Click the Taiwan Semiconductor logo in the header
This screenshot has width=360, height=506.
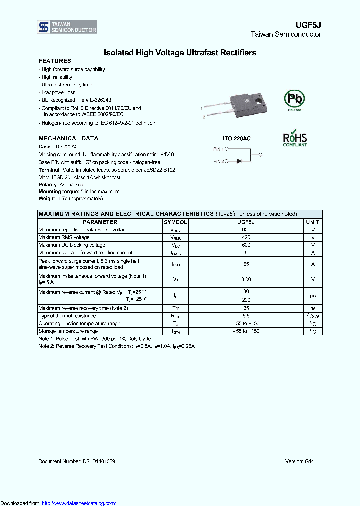pyautogui.click(x=67, y=27)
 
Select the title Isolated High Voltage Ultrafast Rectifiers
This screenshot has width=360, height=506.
pyautogui.click(x=180, y=52)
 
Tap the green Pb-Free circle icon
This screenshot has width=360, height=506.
pyautogui.click(x=294, y=98)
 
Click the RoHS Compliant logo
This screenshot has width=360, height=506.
pyautogui.click(x=295, y=139)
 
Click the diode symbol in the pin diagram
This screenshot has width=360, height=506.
pyautogui.click(x=239, y=161)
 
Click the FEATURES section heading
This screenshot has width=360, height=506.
pyautogui.click(x=55, y=61)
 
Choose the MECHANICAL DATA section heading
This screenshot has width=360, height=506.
pyautogui.click(x=68, y=138)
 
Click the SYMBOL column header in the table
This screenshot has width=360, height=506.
pyautogui.click(x=175, y=222)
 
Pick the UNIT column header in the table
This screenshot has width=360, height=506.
pyautogui.click(x=313, y=222)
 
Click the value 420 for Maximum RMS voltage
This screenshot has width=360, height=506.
pyautogui.click(x=246, y=237)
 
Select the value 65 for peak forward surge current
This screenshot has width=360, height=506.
pyautogui.click(x=246, y=263)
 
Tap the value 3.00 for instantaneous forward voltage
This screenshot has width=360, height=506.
pyautogui.click(x=246, y=279)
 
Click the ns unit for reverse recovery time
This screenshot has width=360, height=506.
pyautogui.click(x=313, y=308)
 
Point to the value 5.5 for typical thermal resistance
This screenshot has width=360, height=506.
pyautogui.click(x=246, y=316)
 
